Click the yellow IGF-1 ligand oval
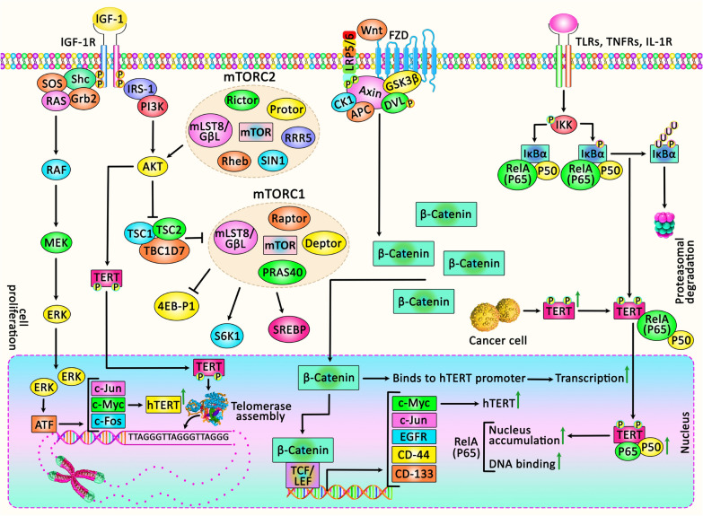[x=110, y=19]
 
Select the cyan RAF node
[x=57, y=170]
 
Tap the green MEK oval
[x=56, y=242]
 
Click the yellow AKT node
[x=153, y=167]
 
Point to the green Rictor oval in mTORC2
[x=242, y=100]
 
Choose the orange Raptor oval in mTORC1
[x=289, y=218]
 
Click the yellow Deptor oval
[x=324, y=243]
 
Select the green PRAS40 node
[x=283, y=272]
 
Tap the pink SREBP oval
[x=289, y=330]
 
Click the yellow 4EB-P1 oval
[x=177, y=306]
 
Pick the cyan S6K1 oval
[x=228, y=336]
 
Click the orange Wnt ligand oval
[x=372, y=31]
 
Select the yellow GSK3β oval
[x=402, y=83]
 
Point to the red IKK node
[x=564, y=125]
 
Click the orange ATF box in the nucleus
[x=44, y=424]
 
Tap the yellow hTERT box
[x=163, y=405]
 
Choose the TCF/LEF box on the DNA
[x=303, y=476]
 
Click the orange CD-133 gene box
[x=414, y=474]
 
